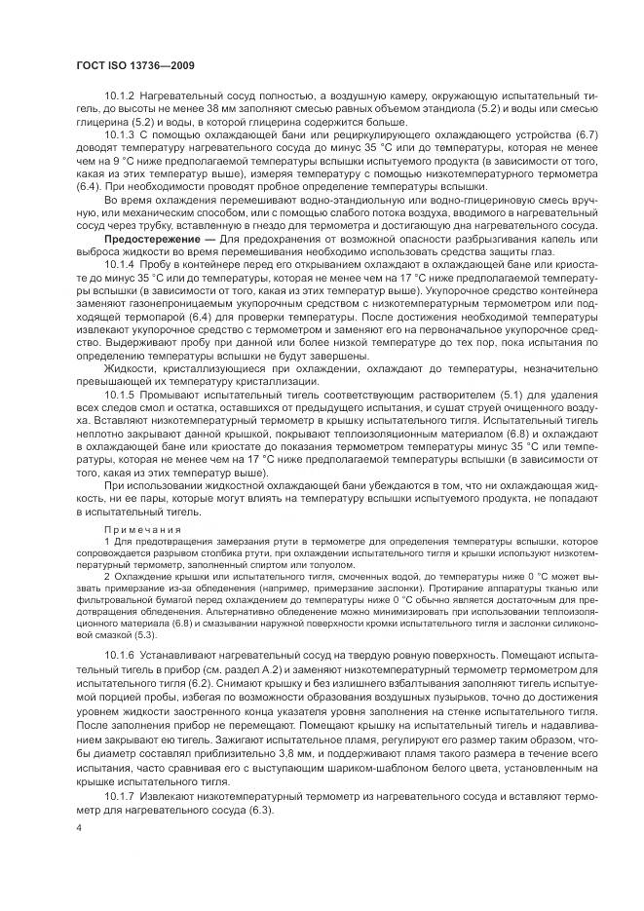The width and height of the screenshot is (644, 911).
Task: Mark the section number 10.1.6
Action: [120, 656]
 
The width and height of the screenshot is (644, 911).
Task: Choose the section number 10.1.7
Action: [120, 797]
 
